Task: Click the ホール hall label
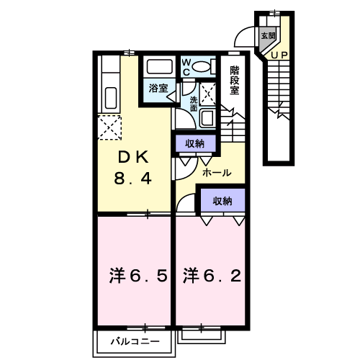coord(216,174)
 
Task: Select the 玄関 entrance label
coord(268,35)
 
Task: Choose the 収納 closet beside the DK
coord(195,143)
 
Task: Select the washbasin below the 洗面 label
coord(207,118)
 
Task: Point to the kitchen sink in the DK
coord(112,97)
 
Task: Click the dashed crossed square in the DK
coord(112,129)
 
